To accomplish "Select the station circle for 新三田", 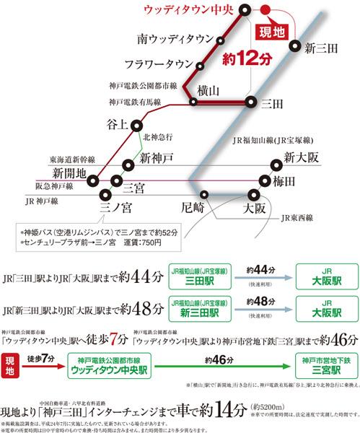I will click(295, 46).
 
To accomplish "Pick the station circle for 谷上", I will click(136, 125).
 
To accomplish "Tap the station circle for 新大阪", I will click(276, 165).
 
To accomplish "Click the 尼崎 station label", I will click(193, 208).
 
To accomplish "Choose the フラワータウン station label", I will click(159, 64).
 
